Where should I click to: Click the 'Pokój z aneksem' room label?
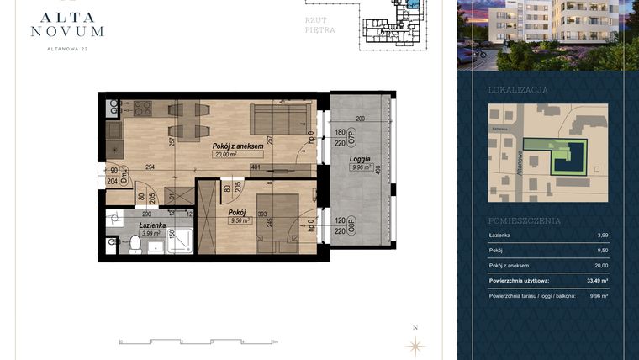click(x=239, y=146)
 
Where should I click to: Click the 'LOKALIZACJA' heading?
click(x=518, y=89)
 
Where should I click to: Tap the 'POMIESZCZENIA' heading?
click(x=525, y=220)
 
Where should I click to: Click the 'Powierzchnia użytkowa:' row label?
click(x=520, y=280)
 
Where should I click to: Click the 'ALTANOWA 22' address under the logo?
click(x=67, y=49)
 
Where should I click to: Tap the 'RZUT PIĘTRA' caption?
click(x=320, y=24)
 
